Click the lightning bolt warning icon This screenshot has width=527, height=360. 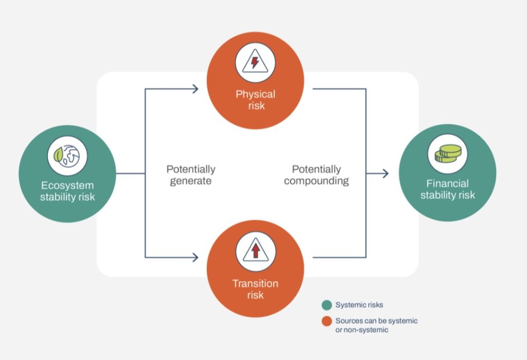click(x=255, y=62)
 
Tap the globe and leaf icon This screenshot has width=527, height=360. click(x=67, y=156)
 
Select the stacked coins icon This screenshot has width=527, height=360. click(x=448, y=154)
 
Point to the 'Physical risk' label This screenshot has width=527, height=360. click(x=255, y=100)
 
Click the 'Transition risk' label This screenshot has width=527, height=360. click(x=255, y=289)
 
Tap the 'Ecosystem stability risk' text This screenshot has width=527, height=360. click(x=67, y=191)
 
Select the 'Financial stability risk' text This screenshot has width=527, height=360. click(x=448, y=189)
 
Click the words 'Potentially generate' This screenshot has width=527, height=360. click(x=191, y=175)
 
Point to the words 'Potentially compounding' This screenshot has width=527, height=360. click(x=317, y=175)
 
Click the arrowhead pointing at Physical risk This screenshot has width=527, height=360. click(x=195, y=89)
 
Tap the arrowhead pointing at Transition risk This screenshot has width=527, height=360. click(x=195, y=258)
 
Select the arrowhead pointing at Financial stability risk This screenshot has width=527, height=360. click(x=385, y=174)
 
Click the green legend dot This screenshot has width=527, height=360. click(x=327, y=305)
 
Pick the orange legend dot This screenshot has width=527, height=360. click(x=327, y=321)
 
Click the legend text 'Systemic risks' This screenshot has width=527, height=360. click(x=359, y=305)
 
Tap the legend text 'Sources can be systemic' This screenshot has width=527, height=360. click(x=376, y=321)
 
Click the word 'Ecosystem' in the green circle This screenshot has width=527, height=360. click(x=67, y=185)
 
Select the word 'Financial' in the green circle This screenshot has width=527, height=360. click(x=447, y=184)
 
